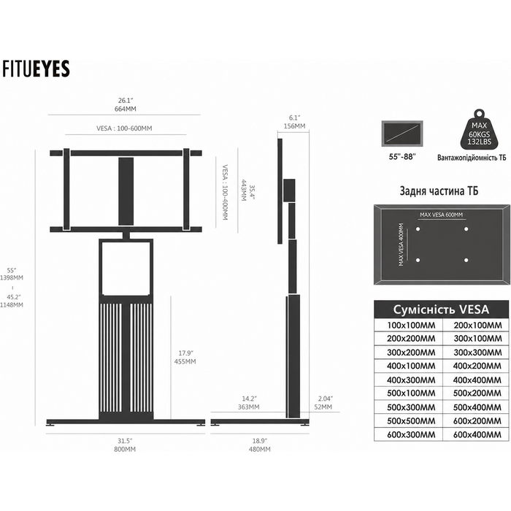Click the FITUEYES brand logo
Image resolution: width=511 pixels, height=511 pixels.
pyautogui.click(x=36, y=69)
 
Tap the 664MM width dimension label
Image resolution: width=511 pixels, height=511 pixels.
pyautogui.click(x=125, y=109)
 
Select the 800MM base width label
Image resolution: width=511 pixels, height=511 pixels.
pyautogui.click(x=125, y=450)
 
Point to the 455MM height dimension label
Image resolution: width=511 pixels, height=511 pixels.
pyautogui.click(x=185, y=361)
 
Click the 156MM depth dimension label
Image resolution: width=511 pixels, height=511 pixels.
pyautogui.click(x=294, y=126)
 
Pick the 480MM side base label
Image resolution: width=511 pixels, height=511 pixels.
pyautogui.click(x=259, y=450)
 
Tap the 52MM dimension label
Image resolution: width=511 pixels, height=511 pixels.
pyautogui.click(x=323, y=407)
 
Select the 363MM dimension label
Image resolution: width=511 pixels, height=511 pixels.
pyautogui.click(x=248, y=407)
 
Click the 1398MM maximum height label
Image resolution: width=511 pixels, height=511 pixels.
pyautogui.click(x=12, y=277)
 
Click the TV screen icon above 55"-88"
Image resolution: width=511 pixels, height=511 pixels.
pyautogui.click(x=402, y=134)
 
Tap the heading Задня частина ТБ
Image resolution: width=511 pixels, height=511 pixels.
pyautogui.click(x=439, y=191)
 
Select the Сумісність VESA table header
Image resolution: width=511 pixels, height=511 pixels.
pyautogui.click(x=441, y=310)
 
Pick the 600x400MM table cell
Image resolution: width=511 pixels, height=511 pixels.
pyautogui.click(x=477, y=434)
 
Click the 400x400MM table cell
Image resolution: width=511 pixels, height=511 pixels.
pyautogui.click(x=477, y=380)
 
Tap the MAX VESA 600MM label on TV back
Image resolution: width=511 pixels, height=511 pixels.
pyautogui.click(x=441, y=215)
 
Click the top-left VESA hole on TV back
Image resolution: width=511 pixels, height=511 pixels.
pyautogui.click(x=418, y=229)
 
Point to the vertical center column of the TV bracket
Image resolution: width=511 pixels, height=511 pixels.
pyautogui.click(x=126, y=191)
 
